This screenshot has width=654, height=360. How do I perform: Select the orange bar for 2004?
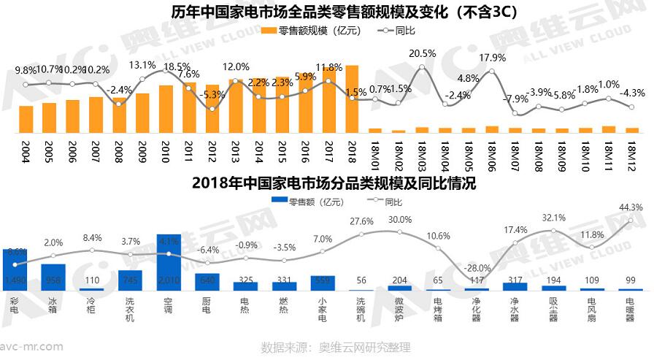click(26, 119)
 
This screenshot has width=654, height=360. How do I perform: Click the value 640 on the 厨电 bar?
click(207, 280)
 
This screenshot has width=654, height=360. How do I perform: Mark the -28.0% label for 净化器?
click(477, 268)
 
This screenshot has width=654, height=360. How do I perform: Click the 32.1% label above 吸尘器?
click(554, 218)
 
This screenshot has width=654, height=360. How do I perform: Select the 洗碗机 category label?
click(361, 310)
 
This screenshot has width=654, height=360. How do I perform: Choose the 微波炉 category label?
click(400, 310)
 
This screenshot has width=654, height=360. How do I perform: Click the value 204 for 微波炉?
click(400, 280)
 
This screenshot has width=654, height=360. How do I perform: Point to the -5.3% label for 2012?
click(212, 94)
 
